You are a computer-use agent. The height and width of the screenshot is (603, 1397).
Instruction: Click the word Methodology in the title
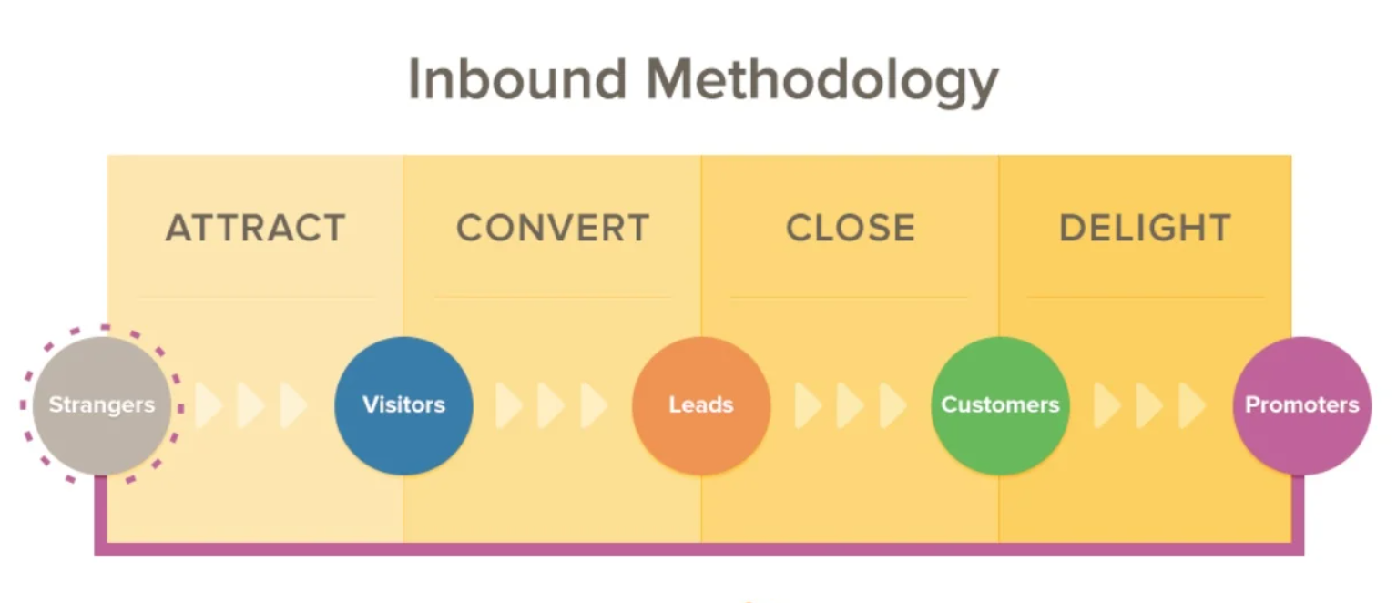click(822, 80)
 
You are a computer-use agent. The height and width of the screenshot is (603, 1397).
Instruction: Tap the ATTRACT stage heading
click(256, 228)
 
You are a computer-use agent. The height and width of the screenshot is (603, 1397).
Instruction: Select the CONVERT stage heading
click(553, 228)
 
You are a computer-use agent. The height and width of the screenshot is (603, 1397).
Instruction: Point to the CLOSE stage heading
click(851, 228)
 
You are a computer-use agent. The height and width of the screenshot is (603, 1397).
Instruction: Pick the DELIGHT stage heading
click(1145, 228)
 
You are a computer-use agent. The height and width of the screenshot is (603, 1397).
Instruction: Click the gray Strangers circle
click(101, 405)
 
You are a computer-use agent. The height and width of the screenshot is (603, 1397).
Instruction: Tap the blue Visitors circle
click(403, 405)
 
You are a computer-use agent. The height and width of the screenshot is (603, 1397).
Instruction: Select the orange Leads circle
click(701, 405)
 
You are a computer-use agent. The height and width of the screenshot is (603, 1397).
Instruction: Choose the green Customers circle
click(1000, 405)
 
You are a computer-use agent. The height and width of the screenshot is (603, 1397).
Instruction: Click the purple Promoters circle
click(1301, 405)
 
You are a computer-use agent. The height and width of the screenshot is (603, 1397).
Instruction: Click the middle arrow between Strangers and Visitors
click(250, 405)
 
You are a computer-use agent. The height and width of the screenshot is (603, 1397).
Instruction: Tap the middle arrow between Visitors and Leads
click(550, 405)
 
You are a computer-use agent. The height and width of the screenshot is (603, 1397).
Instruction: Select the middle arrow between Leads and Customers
click(849, 405)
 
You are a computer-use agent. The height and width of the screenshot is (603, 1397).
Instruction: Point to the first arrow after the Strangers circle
click(209, 405)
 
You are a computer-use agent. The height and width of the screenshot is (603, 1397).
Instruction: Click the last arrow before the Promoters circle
click(1191, 405)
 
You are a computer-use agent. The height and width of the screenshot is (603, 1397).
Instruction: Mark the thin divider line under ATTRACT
click(256, 296)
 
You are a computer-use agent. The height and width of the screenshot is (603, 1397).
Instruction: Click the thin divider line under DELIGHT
click(1145, 296)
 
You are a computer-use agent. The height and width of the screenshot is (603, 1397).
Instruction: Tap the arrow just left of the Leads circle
click(593, 405)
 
